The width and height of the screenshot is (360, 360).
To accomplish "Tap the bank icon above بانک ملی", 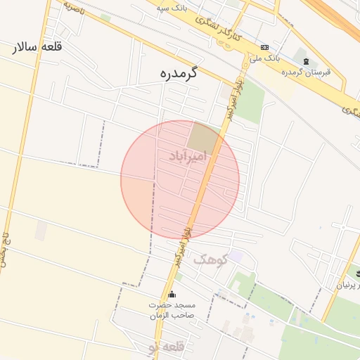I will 264,47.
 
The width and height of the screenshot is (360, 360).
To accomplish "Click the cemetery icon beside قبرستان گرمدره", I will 305,62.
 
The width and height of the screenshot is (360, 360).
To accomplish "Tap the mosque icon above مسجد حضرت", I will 173,295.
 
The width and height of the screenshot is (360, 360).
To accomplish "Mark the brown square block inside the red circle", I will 205,136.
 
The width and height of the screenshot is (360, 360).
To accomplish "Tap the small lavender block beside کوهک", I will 235,257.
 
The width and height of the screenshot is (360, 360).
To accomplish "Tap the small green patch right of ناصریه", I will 105,16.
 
